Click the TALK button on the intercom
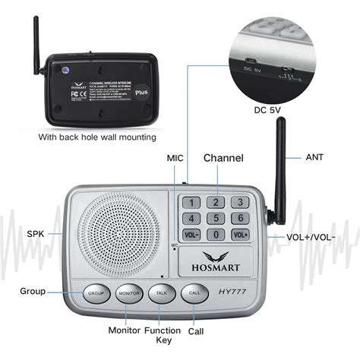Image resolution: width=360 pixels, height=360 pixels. (160, 293)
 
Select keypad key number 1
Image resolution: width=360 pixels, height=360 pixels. (191, 202)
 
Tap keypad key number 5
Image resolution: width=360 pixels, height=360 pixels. (216, 219)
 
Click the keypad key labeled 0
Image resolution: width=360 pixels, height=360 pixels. (216, 235)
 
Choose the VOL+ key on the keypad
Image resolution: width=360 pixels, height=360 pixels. (240, 235)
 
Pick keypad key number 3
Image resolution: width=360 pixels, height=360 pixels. (240, 202)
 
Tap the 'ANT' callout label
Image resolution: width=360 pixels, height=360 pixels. (314, 157)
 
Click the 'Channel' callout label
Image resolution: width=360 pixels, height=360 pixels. (223, 158)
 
